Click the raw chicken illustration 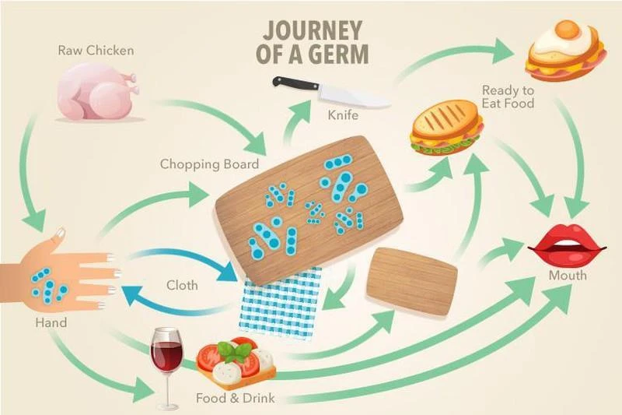point(97,92)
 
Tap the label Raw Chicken point(96,51)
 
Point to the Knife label point(342,116)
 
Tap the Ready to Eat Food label point(508,96)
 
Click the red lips point(567,247)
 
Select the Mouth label point(567,276)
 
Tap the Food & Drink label point(233,399)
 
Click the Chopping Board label point(204,164)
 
